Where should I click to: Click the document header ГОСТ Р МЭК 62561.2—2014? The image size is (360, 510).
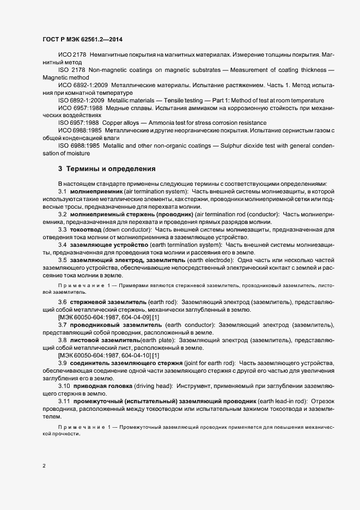point(86,40)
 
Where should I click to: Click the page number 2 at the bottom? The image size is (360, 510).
point(44,466)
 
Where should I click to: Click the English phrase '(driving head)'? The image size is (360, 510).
point(154,385)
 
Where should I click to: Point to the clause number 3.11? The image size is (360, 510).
point(64,401)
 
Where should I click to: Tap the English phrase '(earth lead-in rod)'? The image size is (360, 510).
point(277,401)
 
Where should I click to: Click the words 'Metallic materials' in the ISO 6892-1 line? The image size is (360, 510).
point(131,100)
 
